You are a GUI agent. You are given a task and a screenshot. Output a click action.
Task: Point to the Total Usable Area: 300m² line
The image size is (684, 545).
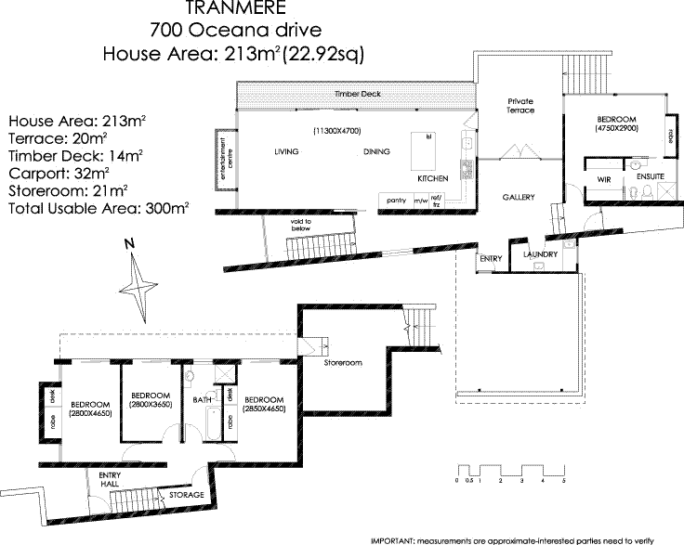pos(98,209)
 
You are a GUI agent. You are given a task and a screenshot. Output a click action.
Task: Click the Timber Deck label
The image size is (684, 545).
pos(358,95)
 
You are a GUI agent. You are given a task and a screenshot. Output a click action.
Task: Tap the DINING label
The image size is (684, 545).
pos(376,151)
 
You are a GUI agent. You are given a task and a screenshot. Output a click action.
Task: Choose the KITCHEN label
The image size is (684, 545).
pos(433,177)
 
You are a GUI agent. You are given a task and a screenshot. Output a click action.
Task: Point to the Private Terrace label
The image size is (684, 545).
pos(520,105)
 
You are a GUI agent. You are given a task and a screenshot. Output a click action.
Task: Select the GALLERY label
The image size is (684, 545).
pos(518,198)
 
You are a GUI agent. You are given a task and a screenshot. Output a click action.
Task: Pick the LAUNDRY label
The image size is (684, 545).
pos(540,253)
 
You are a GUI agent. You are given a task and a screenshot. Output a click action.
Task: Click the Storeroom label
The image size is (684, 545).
pos(342,362)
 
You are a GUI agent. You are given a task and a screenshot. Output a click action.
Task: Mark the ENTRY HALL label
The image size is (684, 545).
pos(111,479)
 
